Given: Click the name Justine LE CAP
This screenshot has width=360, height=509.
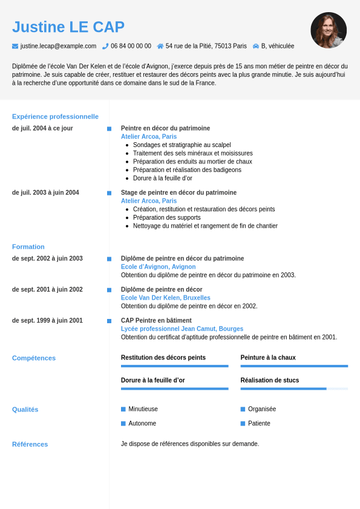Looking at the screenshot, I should (x=68, y=27).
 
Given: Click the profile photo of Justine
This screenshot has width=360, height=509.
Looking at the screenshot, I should (x=329, y=30).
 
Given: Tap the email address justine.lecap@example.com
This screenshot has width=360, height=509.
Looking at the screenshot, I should (x=58, y=46).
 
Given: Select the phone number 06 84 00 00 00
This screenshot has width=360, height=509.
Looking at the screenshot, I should (x=131, y=46).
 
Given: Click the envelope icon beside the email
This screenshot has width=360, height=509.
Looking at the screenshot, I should (x=15, y=46).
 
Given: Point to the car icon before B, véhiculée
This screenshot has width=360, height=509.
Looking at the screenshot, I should (x=256, y=46).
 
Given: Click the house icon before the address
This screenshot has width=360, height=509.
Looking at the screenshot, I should (x=160, y=46).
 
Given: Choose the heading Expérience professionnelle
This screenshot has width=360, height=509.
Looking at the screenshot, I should (x=55, y=116).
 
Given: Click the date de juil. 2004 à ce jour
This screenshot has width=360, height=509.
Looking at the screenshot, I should (x=42, y=128).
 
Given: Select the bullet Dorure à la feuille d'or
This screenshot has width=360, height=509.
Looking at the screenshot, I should (x=163, y=178).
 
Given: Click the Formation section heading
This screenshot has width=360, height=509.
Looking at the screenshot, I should (x=28, y=246).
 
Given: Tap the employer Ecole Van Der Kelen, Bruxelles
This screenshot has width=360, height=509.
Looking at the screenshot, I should (x=166, y=298).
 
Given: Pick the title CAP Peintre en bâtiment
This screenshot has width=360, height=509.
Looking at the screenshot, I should (x=156, y=320).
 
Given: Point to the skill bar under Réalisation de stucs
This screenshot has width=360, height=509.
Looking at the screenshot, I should (x=294, y=389).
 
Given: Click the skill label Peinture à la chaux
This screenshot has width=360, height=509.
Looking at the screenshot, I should (x=268, y=358).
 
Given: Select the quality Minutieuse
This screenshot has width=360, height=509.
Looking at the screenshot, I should (x=143, y=409).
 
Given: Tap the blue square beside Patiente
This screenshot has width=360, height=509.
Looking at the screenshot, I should (x=243, y=424).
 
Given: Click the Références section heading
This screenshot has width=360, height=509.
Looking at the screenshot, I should (x=30, y=444).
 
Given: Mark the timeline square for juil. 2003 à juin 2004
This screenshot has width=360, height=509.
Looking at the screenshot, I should (x=109, y=193).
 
